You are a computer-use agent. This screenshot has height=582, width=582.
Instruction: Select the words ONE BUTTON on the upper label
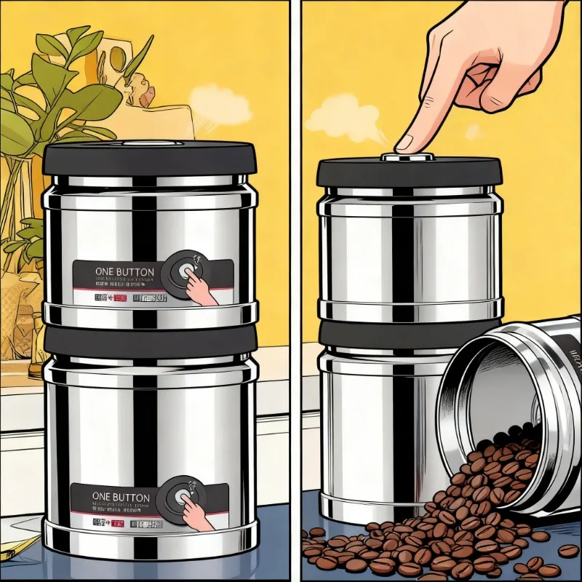pyautogui.click(x=124, y=272)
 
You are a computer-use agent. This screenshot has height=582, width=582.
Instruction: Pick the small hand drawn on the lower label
pyautogui.click(x=200, y=514)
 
